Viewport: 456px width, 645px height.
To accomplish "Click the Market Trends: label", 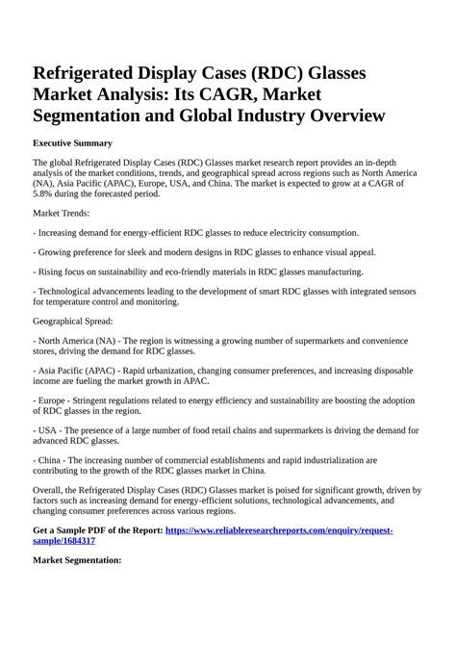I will pos(62,212).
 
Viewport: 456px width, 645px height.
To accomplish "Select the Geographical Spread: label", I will pos(73,320).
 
